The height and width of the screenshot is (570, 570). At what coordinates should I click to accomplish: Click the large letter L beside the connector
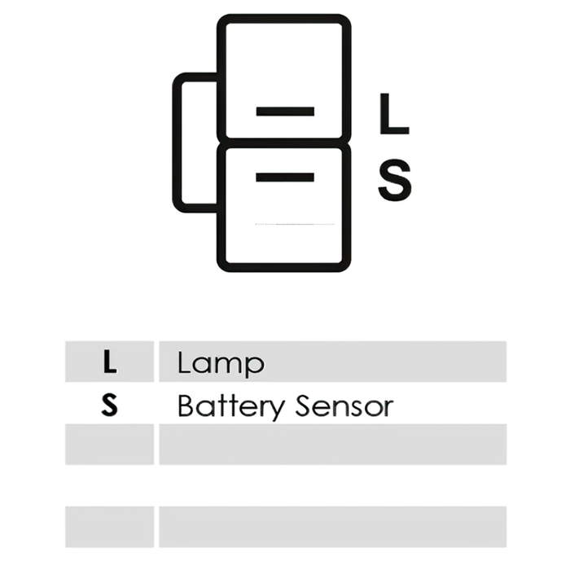(x=394, y=114)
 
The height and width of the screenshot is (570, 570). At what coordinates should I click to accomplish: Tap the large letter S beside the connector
(x=395, y=180)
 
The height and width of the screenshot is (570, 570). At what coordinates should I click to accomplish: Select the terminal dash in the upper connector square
(x=285, y=112)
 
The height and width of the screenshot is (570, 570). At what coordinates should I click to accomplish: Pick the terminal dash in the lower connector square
(x=285, y=177)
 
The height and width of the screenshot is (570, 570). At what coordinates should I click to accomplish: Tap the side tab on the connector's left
(x=177, y=142)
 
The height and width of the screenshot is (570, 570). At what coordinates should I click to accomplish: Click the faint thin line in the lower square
(x=295, y=224)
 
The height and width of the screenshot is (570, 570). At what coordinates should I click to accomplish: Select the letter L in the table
(x=109, y=362)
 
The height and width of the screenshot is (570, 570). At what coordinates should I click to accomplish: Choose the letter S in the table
(x=109, y=405)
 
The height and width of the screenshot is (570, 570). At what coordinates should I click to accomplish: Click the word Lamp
(x=221, y=363)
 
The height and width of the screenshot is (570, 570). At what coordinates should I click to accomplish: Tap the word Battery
(x=230, y=406)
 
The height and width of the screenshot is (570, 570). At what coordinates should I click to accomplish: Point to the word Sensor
(x=344, y=406)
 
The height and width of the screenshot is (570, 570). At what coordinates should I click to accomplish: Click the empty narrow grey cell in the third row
(x=109, y=445)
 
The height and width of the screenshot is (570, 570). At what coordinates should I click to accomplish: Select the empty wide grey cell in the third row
(x=332, y=445)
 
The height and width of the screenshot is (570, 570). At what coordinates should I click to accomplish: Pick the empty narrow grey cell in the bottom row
(x=109, y=527)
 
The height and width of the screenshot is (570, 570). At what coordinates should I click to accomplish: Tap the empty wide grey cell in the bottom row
(x=332, y=527)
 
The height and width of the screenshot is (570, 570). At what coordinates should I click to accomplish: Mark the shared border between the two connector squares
(x=284, y=143)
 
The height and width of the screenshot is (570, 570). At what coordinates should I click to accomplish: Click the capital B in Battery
(x=186, y=406)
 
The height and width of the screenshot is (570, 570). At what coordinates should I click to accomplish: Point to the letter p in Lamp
(x=256, y=366)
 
